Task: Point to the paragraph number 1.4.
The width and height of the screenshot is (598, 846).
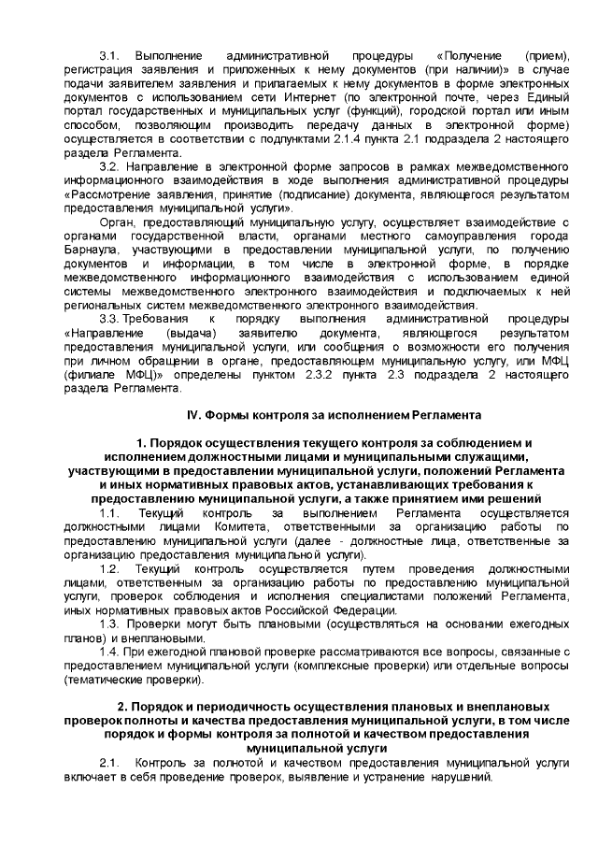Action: [109, 649]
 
